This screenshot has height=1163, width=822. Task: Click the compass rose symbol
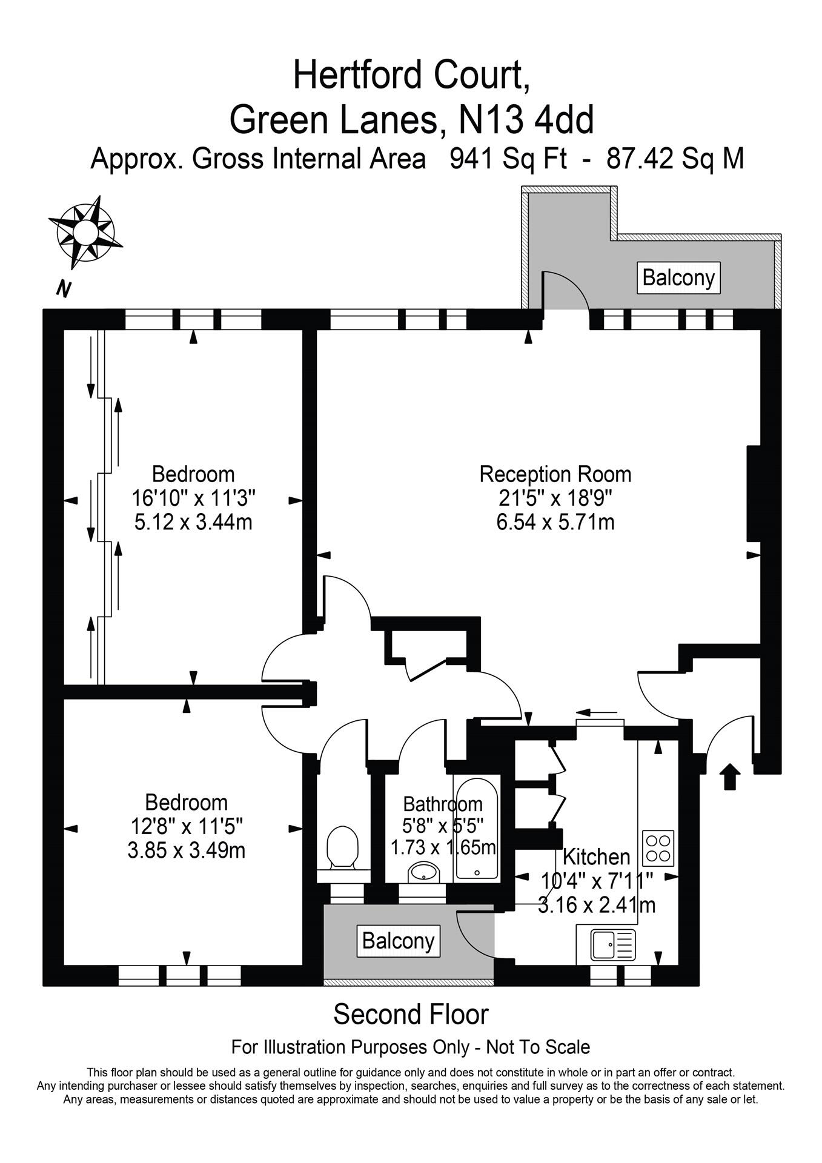(x=85, y=232)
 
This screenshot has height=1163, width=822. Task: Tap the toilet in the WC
(x=342, y=848)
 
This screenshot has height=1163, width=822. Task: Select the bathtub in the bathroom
(x=477, y=828)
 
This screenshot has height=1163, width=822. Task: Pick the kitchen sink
(x=614, y=946)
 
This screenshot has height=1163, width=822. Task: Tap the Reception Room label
(x=555, y=474)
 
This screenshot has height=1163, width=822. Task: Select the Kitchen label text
(x=597, y=857)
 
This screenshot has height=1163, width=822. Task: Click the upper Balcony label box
(x=678, y=278)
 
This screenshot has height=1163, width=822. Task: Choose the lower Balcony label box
(x=398, y=941)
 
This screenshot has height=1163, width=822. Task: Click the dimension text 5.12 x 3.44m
(x=193, y=522)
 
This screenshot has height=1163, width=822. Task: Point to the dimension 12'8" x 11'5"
(x=187, y=826)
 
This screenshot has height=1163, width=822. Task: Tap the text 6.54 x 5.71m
(x=555, y=522)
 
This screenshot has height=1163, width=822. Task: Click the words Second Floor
(x=411, y=1015)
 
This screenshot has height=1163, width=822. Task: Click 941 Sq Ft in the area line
(x=508, y=159)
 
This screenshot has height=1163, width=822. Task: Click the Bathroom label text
(x=443, y=804)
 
